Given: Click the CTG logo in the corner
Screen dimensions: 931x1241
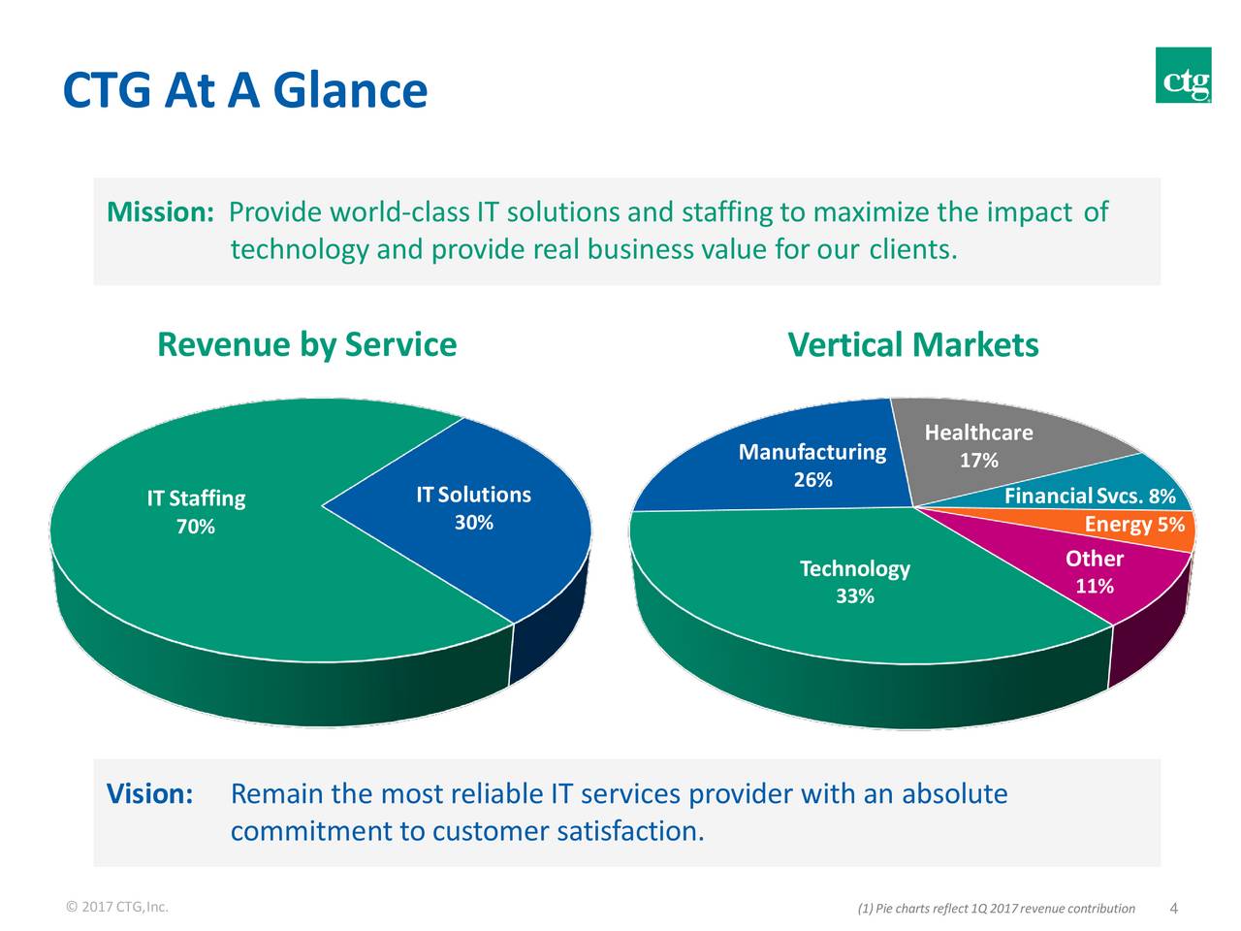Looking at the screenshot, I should [x=1183, y=75].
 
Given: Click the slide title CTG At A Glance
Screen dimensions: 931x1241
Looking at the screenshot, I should [x=244, y=91].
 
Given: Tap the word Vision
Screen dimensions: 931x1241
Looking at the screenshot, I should [x=149, y=794].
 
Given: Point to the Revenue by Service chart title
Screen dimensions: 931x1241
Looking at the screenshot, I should [x=306, y=344].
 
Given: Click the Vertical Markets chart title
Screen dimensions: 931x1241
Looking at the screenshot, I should [x=912, y=345].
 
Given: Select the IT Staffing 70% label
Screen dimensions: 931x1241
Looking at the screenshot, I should [x=196, y=512].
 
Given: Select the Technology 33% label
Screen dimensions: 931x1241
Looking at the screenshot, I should [x=854, y=581].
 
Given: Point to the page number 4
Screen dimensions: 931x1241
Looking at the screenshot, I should [x=1174, y=909].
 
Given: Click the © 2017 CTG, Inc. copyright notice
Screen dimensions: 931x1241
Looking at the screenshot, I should [x=116, y=908].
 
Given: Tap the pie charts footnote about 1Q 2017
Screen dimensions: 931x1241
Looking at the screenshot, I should [x=996, y=909].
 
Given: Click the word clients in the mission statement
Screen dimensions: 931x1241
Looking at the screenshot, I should [x=912, y=250].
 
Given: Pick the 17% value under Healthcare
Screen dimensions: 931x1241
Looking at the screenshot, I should [x=978, y=461].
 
